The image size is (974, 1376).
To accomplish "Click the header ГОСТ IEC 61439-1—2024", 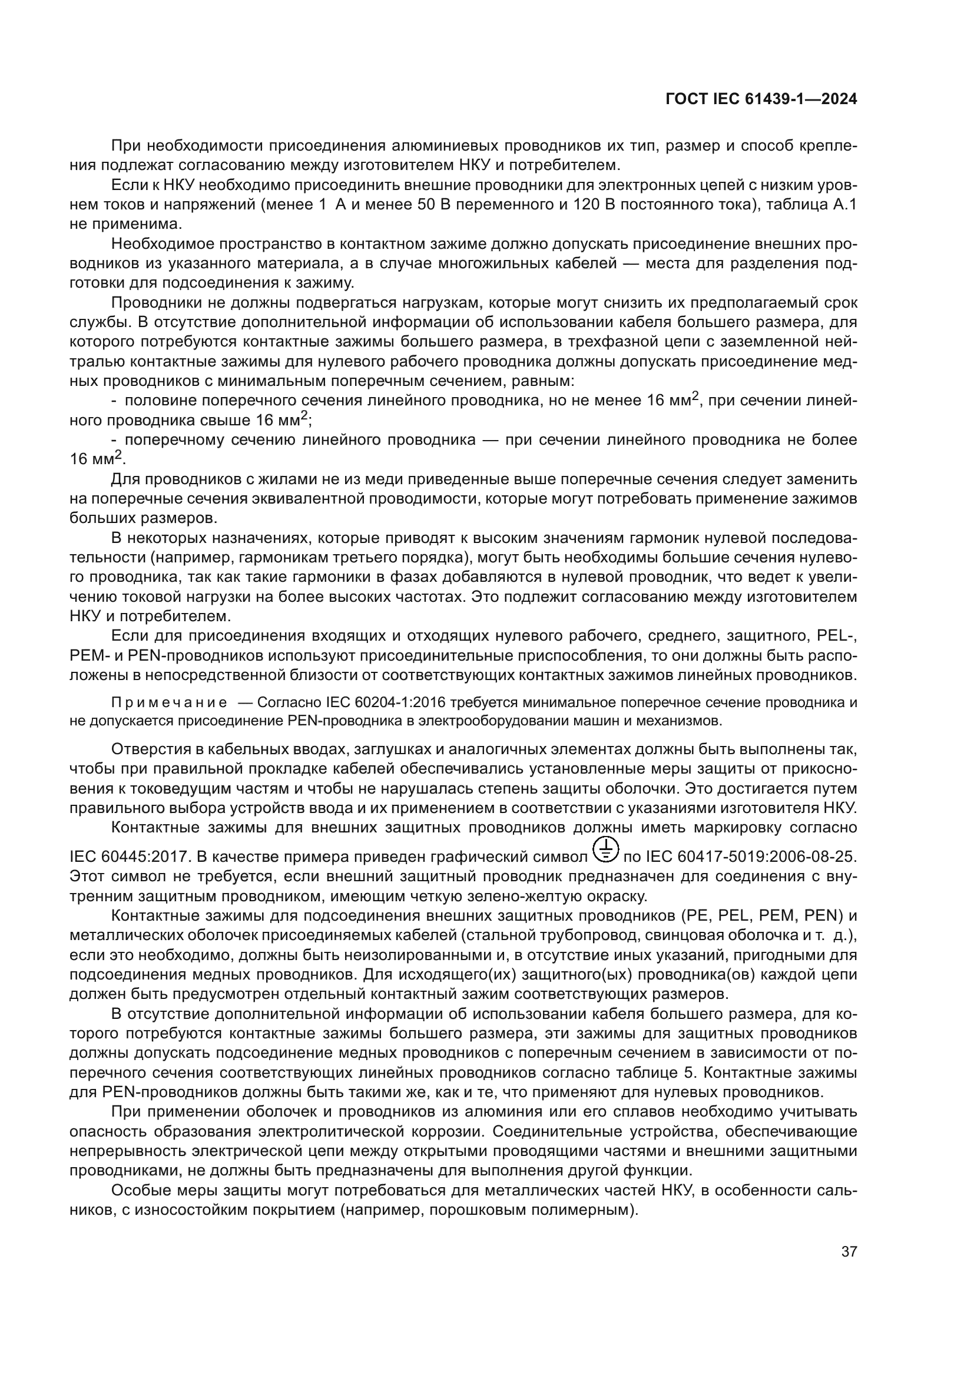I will click(761, 99).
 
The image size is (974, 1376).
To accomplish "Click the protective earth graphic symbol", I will click(608, 849).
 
